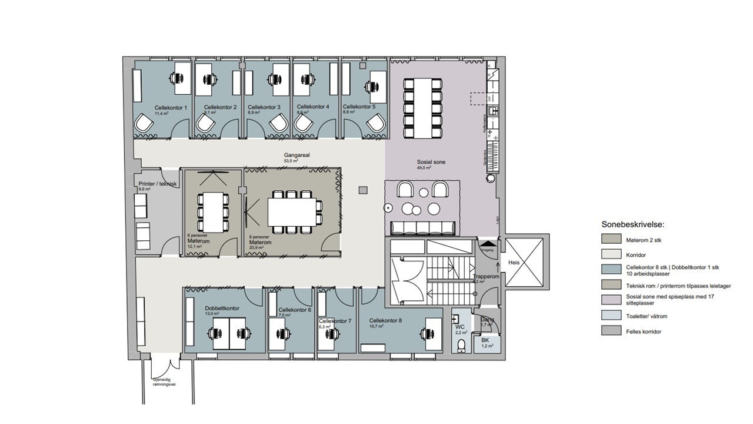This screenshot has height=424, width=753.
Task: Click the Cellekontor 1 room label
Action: click(x=171, y=108)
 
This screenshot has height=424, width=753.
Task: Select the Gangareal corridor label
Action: click(x=296, y=155)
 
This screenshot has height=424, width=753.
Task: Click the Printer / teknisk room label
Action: click(x=158, y=184)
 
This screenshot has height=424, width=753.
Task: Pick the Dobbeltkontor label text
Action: click(x=222, y=308)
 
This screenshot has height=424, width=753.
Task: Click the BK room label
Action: click(x=485, y=340)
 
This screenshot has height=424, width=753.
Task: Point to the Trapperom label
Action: click(x=486, y=276)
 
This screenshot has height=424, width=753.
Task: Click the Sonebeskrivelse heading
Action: click(x=632, y=224)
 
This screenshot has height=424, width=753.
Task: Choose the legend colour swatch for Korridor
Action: click(x=611, y=254)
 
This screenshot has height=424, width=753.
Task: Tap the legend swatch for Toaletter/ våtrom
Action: click(x=611, y=316)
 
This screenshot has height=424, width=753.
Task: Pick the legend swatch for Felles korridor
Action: click(x=611, y=331)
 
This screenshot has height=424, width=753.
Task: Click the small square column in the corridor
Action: click(x=363, y=190)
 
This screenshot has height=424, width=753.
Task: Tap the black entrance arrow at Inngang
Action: click(x=488, y=243)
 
